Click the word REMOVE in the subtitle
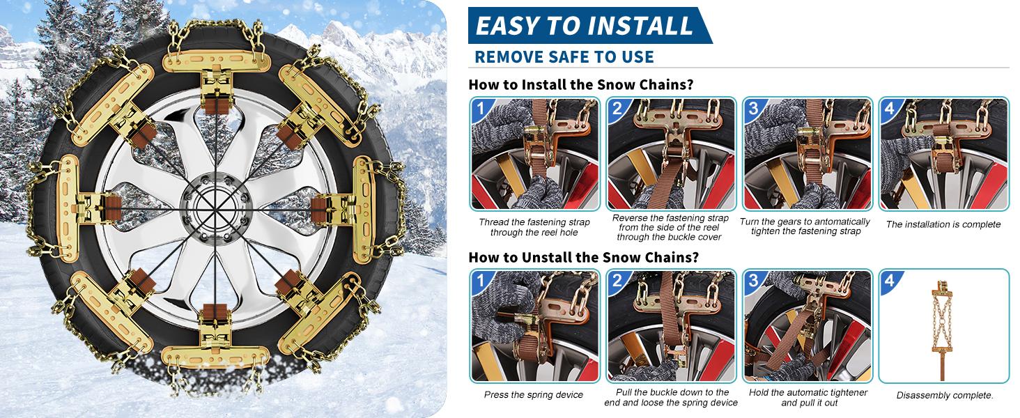[509, 57]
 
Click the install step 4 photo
[943, 155]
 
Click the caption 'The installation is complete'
[943, 224]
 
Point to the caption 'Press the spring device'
[534, 395]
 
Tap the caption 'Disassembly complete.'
[945, 396]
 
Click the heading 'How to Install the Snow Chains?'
[581, 85]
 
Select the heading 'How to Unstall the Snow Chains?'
[584, 256]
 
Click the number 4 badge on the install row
[890, 109]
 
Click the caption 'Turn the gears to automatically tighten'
[805, 226]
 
